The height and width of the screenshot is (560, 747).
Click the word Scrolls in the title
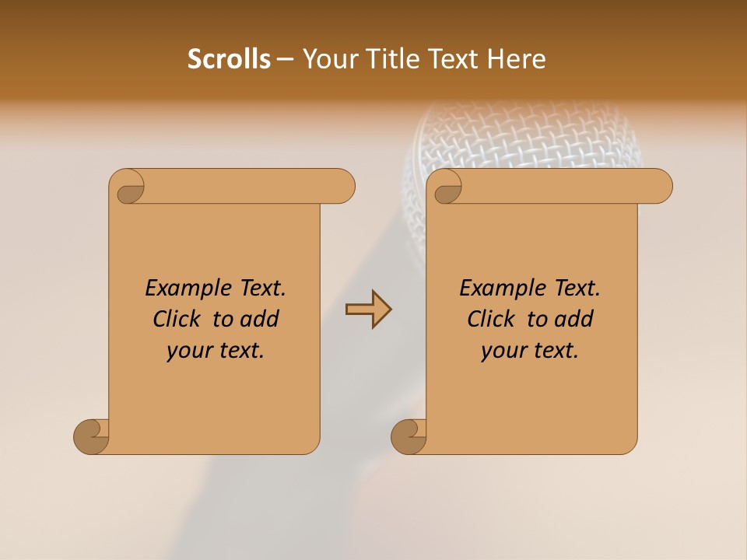coord(229,59)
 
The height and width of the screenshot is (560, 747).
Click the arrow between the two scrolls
coord(368,310)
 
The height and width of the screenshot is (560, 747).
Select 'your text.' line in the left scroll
coord(216,351)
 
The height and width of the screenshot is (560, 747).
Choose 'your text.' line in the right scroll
coord(530,351)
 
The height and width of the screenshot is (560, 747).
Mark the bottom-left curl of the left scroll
coord(91,436)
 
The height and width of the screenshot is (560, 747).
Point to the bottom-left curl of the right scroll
coord(409,436)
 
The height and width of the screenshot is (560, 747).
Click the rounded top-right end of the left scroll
coord(341,186)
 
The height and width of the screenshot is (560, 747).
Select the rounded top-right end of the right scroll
coord(658,186)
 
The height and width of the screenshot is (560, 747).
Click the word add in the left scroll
coord(260,319)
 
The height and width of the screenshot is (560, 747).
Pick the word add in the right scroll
coord(574,319)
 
